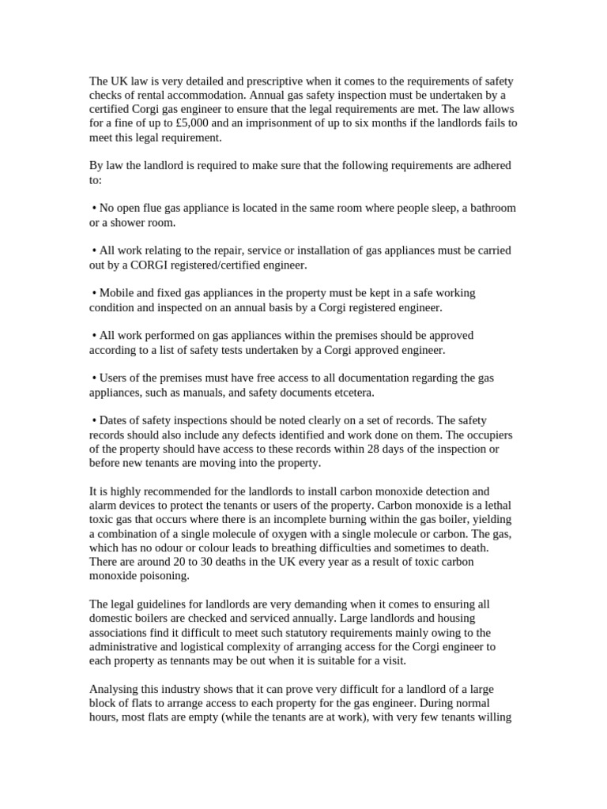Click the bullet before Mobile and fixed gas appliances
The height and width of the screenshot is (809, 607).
pyautogui.click(x=94, y=292)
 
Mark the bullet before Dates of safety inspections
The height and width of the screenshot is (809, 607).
pyautogui.click(x=94, y=420)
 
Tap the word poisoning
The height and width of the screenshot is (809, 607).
pyautogui.click(x=164, y=575)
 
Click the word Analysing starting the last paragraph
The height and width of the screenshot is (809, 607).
pyautogui.click(x=115, y=689)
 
